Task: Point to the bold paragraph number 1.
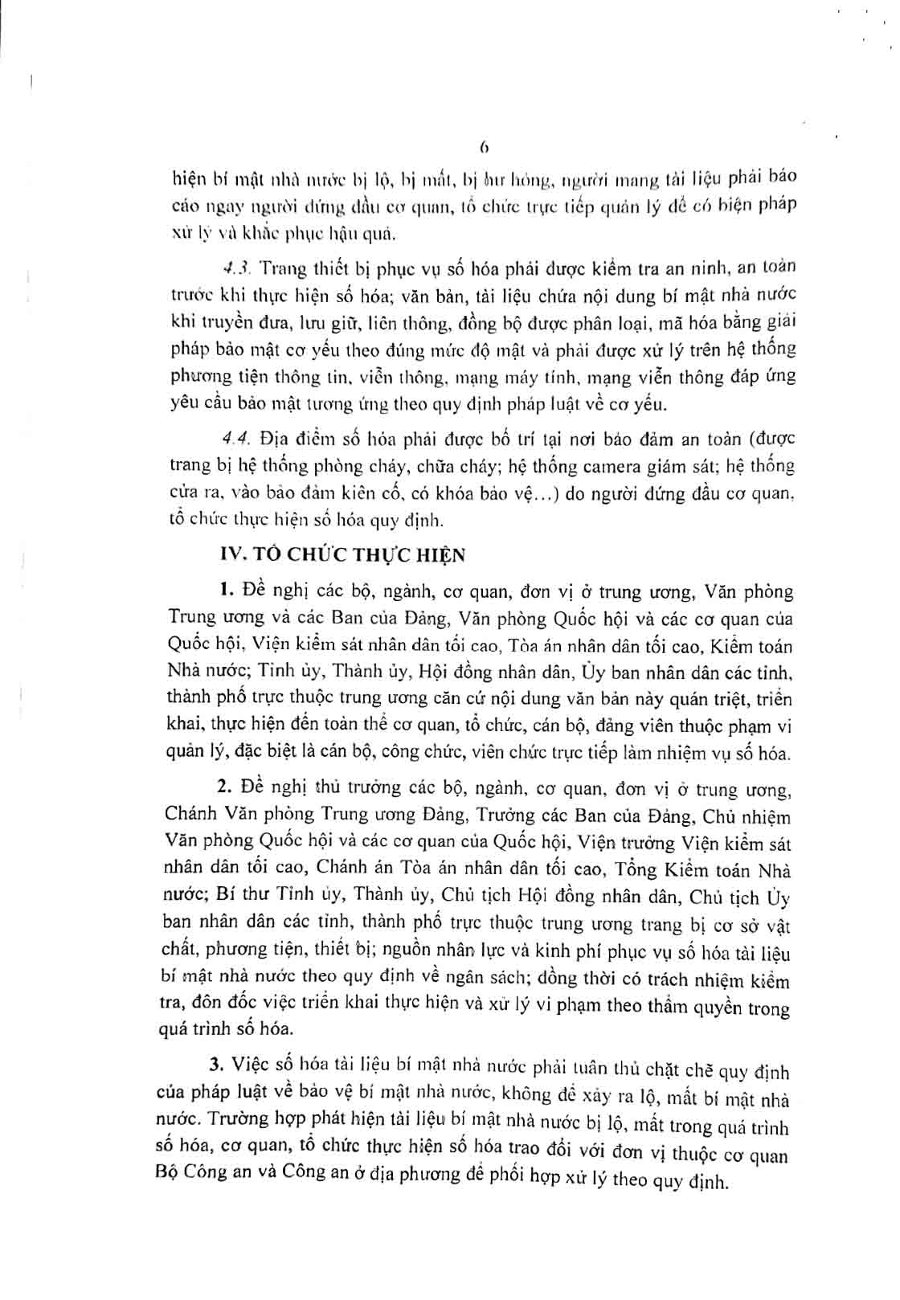coord(226,591)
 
